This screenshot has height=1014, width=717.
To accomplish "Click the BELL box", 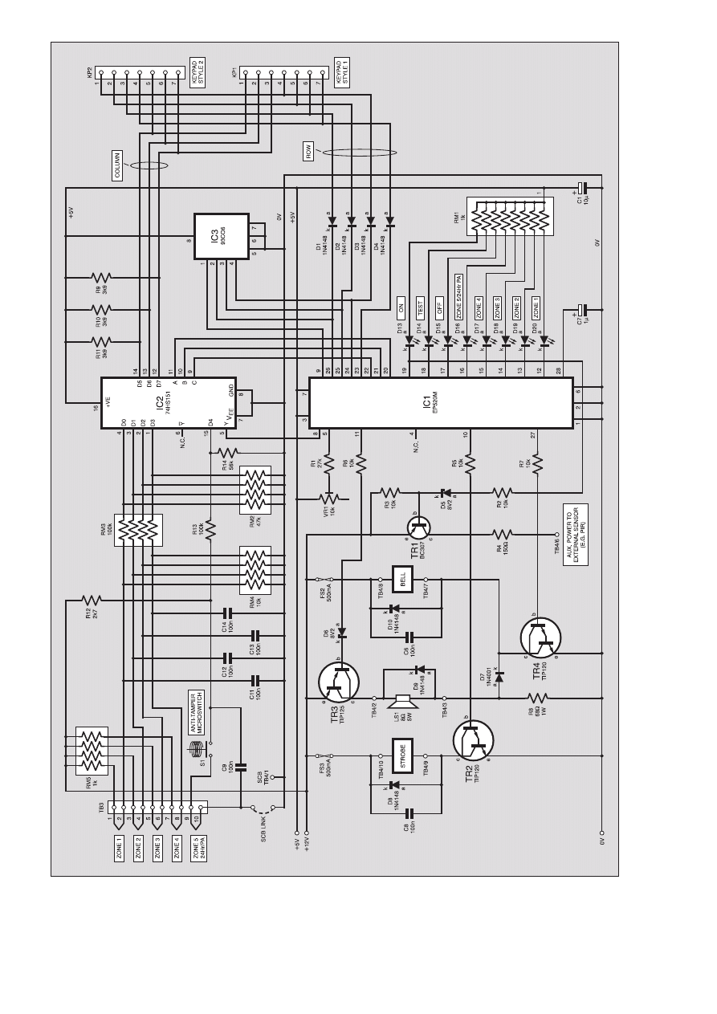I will pyautogui.click(x=402, y=579).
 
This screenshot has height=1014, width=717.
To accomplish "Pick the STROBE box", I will pyautogui.click(x=401, y=755).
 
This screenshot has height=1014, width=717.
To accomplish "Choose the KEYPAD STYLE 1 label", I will pyautogui.click(x=343, y=71).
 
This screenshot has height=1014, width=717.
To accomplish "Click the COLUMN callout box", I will pyautogui.click(x=116, y=165).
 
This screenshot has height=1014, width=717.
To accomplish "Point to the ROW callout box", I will pyautogui.click(x=308, y=152).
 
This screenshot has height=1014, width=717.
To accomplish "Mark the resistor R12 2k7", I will pyautogui.click(x=92, y=599).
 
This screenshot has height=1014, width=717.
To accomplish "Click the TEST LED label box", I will pyautogui.click(x=420, y=307).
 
